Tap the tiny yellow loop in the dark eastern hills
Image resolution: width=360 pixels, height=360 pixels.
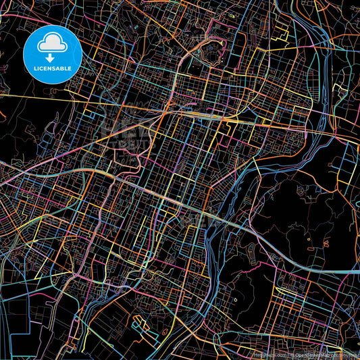point(306,237)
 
